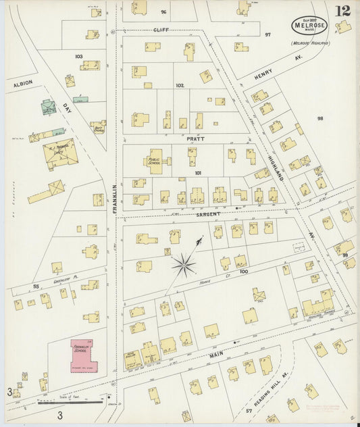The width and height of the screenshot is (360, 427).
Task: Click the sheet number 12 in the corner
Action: coord(342,11)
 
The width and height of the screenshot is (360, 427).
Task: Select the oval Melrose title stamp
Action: coord(309,26)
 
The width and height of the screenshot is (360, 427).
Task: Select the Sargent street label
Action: coord(209,214)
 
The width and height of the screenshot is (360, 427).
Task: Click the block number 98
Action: coord(320,118)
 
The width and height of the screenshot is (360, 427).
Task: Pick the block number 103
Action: coord(78,56)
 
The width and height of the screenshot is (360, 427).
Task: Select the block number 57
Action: coord(249,410)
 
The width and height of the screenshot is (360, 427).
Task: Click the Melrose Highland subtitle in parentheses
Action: coord(310,43)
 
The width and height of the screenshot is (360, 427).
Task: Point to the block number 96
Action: coord(163,12)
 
